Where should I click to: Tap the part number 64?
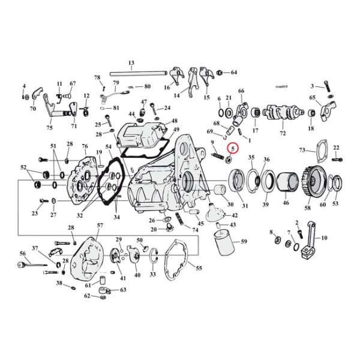(234, 73)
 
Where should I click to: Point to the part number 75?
(49, 128)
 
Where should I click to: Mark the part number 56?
(23, 254)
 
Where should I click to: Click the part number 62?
(87, 296)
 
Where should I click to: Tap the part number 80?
(147, 86)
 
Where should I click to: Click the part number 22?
(336, 147)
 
